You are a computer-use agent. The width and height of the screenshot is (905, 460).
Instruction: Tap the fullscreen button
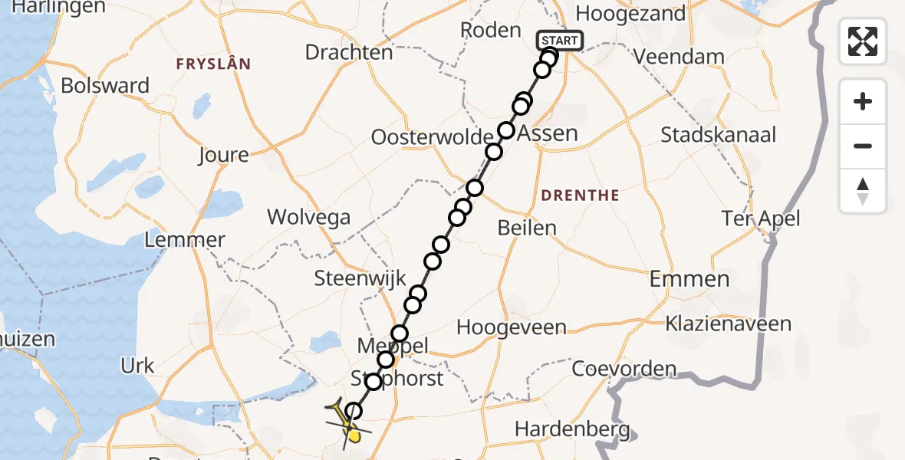coord(863,41)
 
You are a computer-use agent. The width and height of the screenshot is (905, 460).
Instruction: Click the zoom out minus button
coord(863,146)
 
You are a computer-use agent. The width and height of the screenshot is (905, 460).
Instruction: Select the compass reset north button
coord(863,191)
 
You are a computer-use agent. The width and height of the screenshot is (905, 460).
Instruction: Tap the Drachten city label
coord(349,52)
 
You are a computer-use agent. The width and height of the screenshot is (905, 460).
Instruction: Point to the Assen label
coord(548,133)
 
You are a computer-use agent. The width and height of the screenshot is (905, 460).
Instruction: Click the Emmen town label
coord(689,279)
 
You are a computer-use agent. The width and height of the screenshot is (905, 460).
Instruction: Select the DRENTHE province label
coord(580,195)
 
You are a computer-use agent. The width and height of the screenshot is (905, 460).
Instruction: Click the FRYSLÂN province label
coord(213,64)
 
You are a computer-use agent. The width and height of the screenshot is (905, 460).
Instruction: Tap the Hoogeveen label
coord(512,327)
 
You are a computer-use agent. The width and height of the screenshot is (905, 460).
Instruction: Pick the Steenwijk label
coord(354,278)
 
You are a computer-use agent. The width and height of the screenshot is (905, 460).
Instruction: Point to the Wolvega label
coord(308,217)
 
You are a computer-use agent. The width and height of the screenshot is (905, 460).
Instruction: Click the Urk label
coord(138,366)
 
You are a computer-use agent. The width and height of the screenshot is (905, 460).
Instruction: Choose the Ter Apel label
coord(761,219)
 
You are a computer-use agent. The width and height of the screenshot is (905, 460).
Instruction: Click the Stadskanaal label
coord(719,135)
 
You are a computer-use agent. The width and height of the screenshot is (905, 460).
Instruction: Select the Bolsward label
coord(105,85)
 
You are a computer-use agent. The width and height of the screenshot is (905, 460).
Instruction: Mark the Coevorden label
coord(625,369)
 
